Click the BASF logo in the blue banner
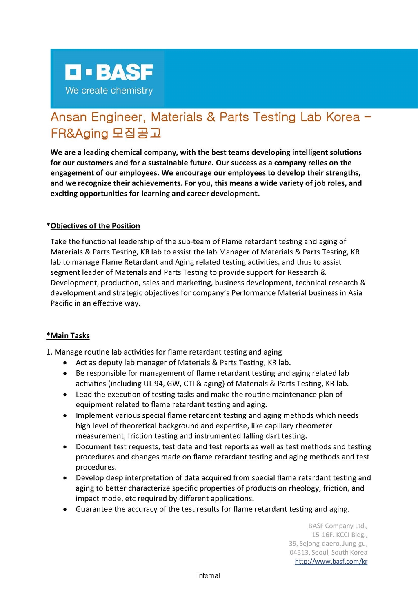tap(109, 72)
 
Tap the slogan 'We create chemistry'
tap(109, 90)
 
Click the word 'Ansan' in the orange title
tap(69, 117)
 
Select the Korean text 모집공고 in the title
tap(137, 133)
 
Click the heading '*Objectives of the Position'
tap(93, 226)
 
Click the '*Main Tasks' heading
tap(68, 335)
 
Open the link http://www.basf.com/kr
tap(331, 561)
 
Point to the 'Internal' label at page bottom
tap(208, 575)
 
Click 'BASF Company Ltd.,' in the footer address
tap(338, 526)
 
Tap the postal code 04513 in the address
tap(299, 552)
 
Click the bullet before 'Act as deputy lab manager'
tap(65, 363)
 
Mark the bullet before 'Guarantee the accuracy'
tap(65, 509)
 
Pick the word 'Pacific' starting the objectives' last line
tap(61, 303)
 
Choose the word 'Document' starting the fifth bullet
tap(92, 446)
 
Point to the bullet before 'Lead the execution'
tap(65, 395)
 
